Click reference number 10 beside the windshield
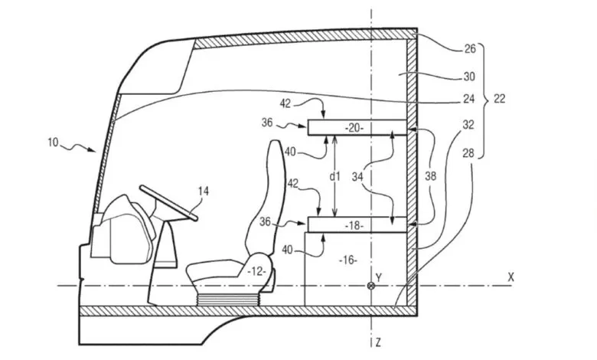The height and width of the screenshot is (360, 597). (x=53, y=142)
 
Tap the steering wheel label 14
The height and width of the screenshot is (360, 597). (x=204, y=191)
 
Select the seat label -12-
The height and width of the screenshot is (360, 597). (x=256, y=272)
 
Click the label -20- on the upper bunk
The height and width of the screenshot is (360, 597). (x=354, y=128)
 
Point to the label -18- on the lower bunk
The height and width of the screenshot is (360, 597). (x=354, y=225)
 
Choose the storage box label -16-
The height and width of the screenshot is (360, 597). (x=348, y=260)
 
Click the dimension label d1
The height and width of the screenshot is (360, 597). (x=334, y=176)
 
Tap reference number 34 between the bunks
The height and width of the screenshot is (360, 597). (x=357, y=176)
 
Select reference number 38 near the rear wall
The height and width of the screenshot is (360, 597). (x=431, y=176)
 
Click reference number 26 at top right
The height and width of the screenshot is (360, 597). (x=470, y=49)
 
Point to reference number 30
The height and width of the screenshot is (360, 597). (x=469, y=77)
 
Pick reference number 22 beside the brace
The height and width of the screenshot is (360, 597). (x=500, y=99)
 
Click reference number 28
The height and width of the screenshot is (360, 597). (x=468, y=153)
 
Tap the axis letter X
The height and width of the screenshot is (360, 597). (x=511, y=277)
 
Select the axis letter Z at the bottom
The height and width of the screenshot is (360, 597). (x=378, y=342)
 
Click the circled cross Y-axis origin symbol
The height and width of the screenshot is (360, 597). (x=370, y=286)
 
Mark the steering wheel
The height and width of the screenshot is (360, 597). (x=168, y=202)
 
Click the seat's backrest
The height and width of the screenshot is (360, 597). (x=267, y=198)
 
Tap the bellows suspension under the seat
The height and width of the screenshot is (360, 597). (x=228, y=299)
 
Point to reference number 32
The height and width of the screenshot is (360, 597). (x=468, y=125)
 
